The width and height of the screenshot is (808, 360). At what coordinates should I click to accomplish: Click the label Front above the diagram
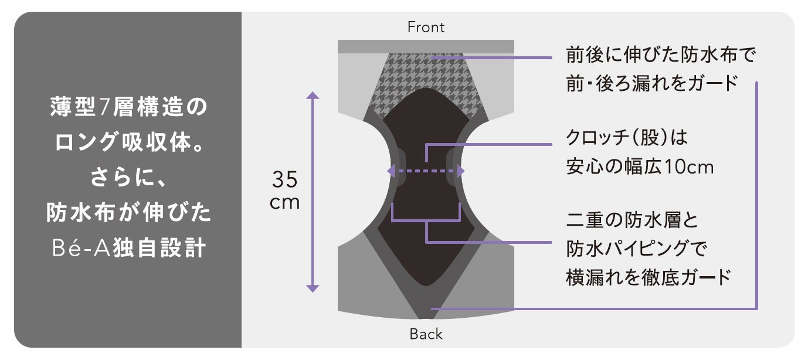426,27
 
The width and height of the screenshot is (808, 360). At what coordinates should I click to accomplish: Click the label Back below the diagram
426,334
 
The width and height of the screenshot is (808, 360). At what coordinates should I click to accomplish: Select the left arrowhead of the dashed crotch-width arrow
390,171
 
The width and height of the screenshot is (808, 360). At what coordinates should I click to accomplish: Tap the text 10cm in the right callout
688,168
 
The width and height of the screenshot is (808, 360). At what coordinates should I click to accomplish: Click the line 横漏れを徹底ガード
648,276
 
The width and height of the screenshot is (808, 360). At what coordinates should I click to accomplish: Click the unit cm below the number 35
285,203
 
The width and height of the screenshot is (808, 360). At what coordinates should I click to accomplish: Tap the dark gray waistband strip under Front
426,46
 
